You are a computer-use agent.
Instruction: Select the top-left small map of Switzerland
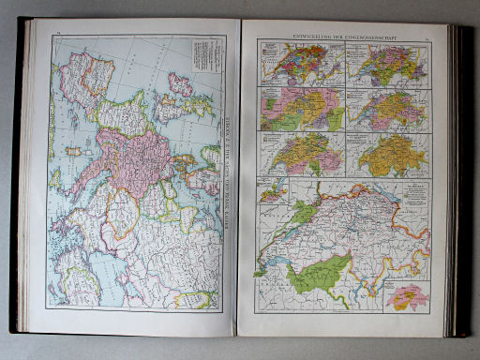click(x=300, y=64)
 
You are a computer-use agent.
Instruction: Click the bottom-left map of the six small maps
click(x=300, y=154)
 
